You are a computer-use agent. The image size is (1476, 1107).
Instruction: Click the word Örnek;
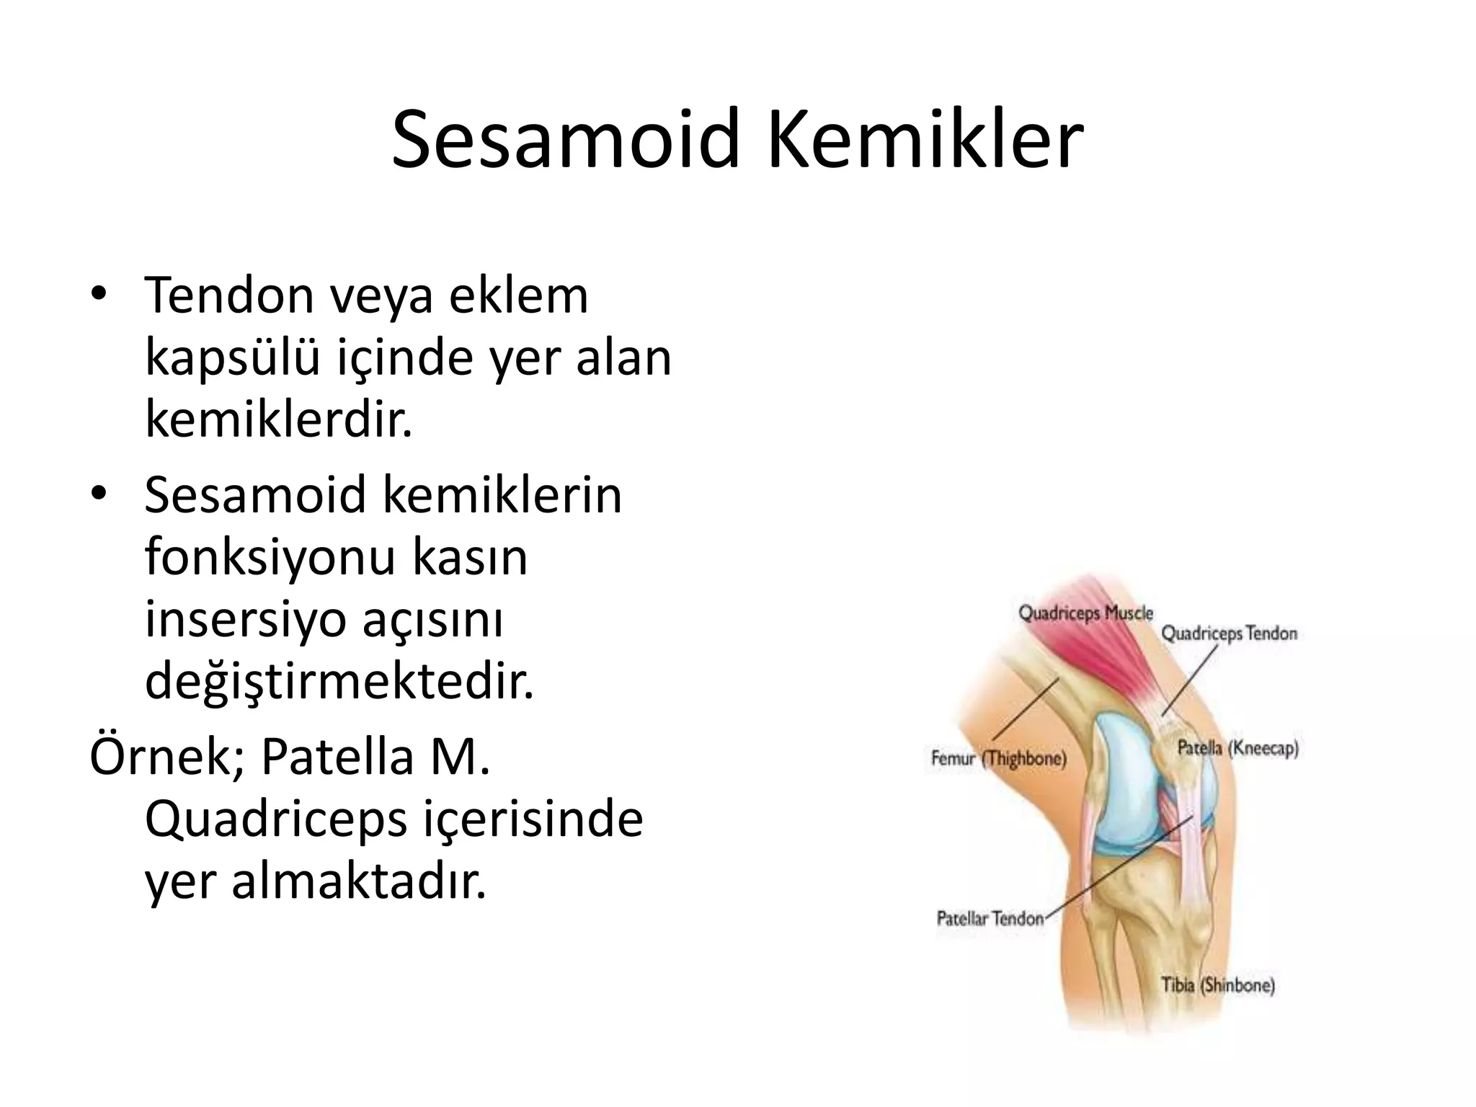point(166,756)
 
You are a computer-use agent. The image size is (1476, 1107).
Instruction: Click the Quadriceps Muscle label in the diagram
point(1085,613)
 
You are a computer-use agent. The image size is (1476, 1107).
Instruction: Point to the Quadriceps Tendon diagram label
point(1229,633)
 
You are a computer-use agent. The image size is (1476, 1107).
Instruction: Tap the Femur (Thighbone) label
point(998,758)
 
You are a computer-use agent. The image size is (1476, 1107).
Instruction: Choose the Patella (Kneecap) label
point(1237,748)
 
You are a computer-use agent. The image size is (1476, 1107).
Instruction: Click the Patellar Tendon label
point(990,918)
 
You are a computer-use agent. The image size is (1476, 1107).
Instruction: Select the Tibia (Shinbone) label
point(1218,984)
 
